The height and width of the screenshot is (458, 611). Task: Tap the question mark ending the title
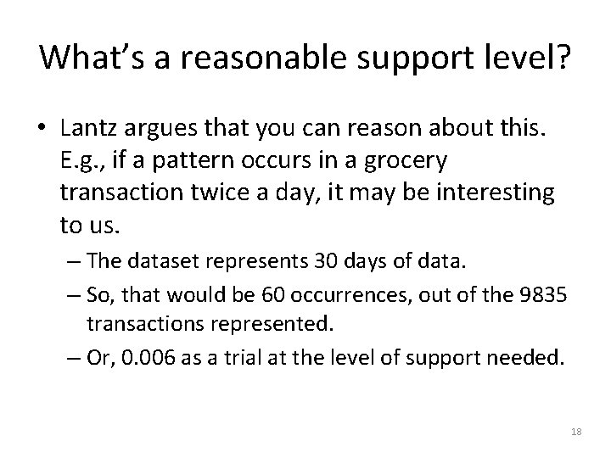(563, 57)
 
